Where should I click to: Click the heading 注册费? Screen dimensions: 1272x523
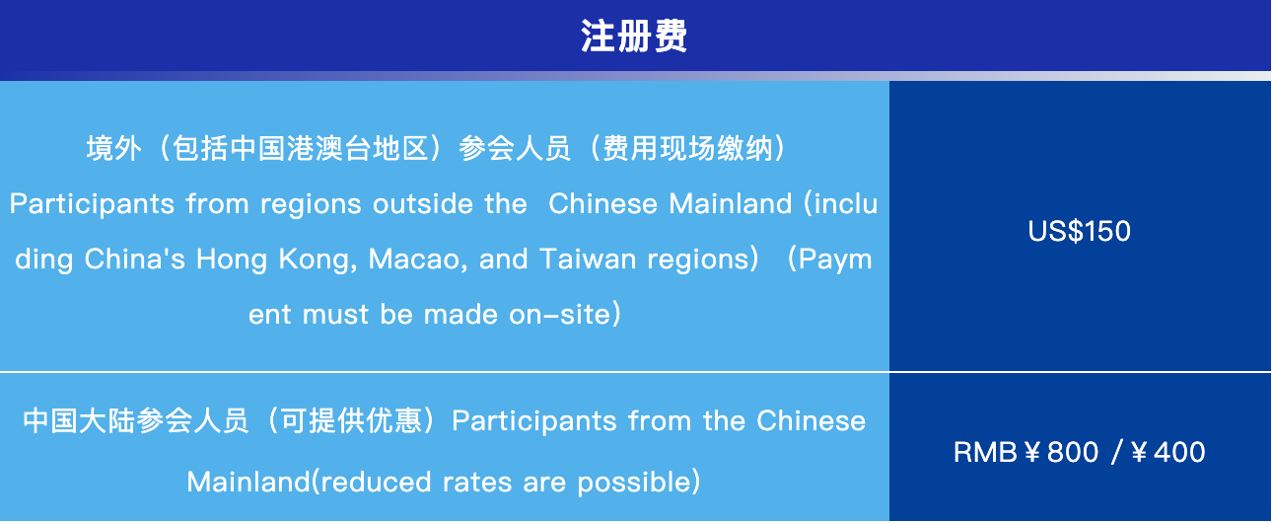(x=634, y=36)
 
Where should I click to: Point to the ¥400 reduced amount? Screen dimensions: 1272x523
(x=1168, y=453)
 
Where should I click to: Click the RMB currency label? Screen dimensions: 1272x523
(x=986, y=453)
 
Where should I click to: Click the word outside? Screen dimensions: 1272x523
(x=422, y=203)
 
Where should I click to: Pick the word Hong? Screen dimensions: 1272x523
(x=232, y=260)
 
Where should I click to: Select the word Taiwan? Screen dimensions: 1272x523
(x=588, y=259)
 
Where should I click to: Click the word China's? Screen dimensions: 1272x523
(x=134, y=259)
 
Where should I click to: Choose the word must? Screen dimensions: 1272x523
(x=335, y=315)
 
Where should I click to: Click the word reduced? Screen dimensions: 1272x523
(x=376, y=483)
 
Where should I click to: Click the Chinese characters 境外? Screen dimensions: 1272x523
(x=113, y=148)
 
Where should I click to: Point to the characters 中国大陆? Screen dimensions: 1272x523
(x=79, y=421)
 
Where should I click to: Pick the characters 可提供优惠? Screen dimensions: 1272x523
(x=351, y=421)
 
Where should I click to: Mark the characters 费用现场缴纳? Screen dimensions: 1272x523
(x=687, y=148)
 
